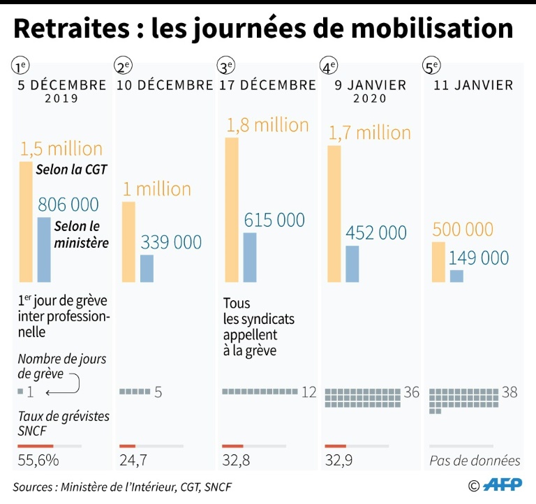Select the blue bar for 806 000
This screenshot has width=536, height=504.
[44, 250]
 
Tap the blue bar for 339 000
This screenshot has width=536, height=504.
[147, 269]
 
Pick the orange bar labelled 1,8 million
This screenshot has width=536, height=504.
[231, 209]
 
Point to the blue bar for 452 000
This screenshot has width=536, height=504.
[352, 264]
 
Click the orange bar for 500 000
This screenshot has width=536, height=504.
[438, 262]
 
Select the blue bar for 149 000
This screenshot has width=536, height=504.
[456, 276]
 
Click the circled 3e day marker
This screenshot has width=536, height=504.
[226, 67]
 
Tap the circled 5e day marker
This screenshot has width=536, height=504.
[432, 67]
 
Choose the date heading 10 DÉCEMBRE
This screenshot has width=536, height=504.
[165, 85]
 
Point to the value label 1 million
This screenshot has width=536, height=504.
[157, 189]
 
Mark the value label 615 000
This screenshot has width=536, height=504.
[274, 220]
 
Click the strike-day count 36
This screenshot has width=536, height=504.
[412, 393]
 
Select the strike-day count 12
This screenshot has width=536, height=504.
[309, 392]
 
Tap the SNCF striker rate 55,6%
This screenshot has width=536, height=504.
[38, 461]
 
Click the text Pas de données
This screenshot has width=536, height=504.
[475, 461]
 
